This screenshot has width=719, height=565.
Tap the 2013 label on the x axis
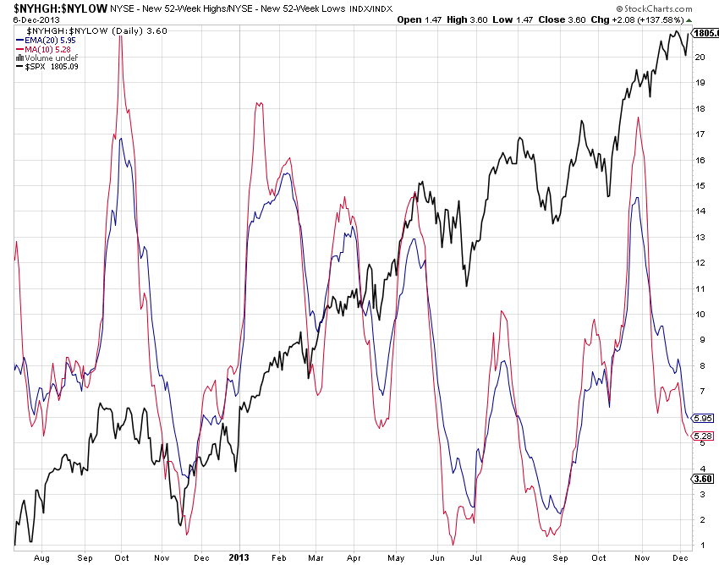coord(239,557)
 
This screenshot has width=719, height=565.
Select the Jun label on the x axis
coord(437,557)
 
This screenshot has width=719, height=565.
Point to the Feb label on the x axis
coord(279,557)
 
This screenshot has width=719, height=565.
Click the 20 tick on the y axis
coord(700,58)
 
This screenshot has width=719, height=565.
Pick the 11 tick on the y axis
coord(700,288)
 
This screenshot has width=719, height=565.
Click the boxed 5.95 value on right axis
coord(703,418)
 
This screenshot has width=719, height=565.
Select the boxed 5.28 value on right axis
coord(703,436)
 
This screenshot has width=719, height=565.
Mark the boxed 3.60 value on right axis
coord(703,478)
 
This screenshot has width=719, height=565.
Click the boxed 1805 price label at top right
coord(705,33)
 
